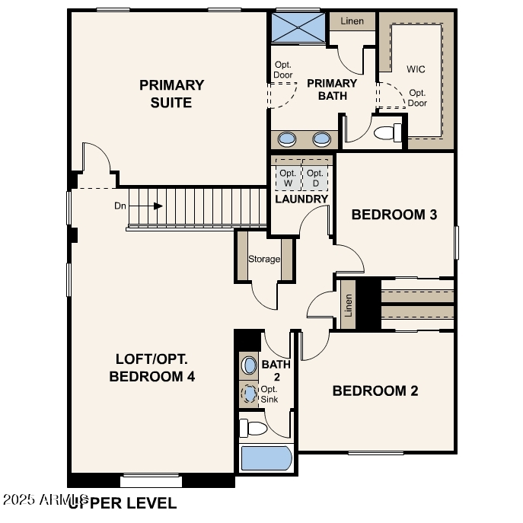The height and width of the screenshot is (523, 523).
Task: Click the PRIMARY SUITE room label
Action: [171, 94]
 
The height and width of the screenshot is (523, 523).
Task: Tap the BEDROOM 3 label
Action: [394, 215]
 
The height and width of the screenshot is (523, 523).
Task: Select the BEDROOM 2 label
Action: [375, 391]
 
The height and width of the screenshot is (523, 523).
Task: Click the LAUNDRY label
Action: [301, 199]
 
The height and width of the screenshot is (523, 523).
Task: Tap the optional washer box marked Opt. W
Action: [288, 178]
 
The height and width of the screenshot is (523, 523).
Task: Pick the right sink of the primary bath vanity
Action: [322, 139]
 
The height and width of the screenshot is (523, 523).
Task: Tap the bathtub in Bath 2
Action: [266, 459]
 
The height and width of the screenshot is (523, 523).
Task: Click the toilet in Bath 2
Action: [254, 428]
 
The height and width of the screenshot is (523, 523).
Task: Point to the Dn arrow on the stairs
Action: [158, 206]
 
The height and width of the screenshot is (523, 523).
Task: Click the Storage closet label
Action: [264, 259]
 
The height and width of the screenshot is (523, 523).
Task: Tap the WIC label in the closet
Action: [416, 69]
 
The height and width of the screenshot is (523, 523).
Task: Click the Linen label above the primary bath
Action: [352, 21]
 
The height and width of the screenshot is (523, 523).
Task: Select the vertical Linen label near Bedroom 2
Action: [349, 305]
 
